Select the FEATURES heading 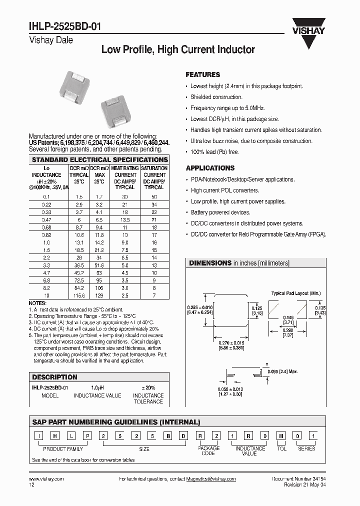click(202, 74)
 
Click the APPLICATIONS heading click(210, 168)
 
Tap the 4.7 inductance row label click(46, 273)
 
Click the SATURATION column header click(154, 168)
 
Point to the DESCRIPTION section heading click(55, 377)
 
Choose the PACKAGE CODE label click(208, 451)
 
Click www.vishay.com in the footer click(46, 479)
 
